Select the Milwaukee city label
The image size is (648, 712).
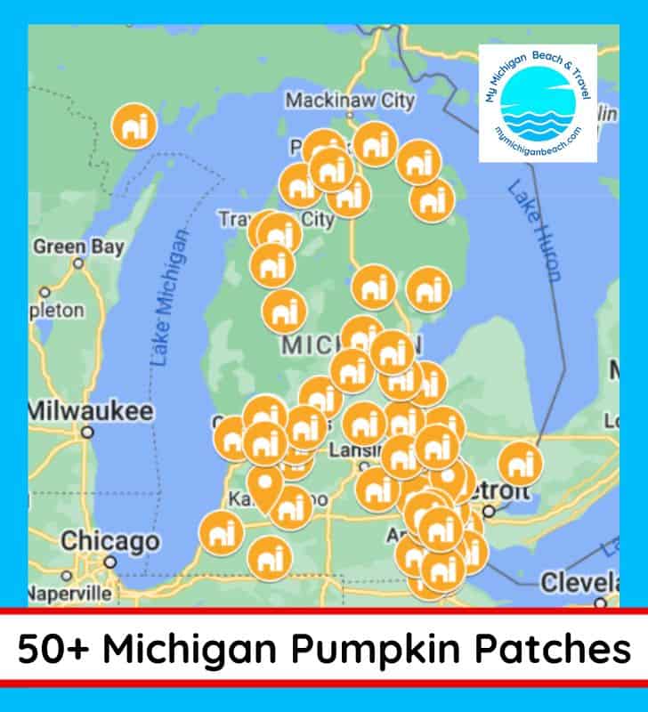89,412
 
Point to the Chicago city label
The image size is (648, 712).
109,541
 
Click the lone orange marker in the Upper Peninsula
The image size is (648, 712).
134,125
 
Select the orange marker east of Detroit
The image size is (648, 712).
521,463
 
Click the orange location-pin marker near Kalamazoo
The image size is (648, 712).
264,486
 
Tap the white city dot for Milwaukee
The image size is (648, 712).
87,433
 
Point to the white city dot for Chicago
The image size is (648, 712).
109,562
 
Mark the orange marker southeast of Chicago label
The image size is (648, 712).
221,532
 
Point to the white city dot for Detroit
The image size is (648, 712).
489,512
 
